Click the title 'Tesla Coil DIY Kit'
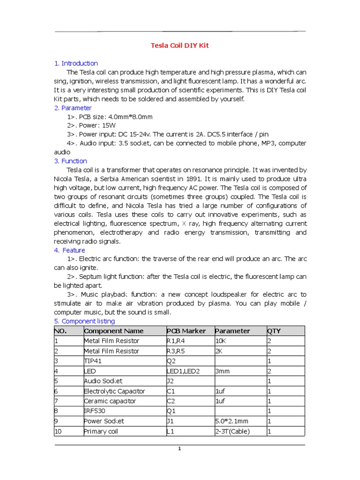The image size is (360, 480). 180,45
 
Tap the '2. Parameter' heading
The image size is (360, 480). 73,108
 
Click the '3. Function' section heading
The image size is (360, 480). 71,161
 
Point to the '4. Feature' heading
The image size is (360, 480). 70,250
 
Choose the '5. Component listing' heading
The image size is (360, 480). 84,321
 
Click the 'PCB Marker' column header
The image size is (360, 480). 186,331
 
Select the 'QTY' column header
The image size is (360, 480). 274,331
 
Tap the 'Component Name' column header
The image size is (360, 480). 113,331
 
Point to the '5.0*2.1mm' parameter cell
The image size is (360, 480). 231,421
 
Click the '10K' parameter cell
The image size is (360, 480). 221,341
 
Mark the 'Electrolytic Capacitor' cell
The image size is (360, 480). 114,391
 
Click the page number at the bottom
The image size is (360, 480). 179,449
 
